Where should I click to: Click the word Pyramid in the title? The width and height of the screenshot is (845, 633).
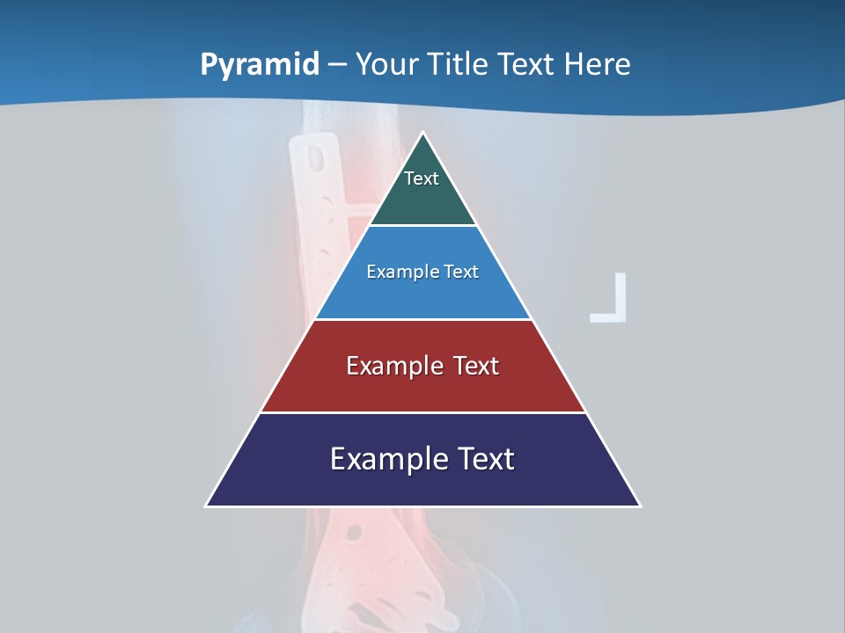[260, 65]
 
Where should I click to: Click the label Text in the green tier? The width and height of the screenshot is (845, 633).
[422, 178]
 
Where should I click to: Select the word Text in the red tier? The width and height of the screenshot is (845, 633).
[475, 366]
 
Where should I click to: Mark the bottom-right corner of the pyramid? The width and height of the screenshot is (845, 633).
[639, 505]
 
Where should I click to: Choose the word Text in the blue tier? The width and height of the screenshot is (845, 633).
[459, 272]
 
